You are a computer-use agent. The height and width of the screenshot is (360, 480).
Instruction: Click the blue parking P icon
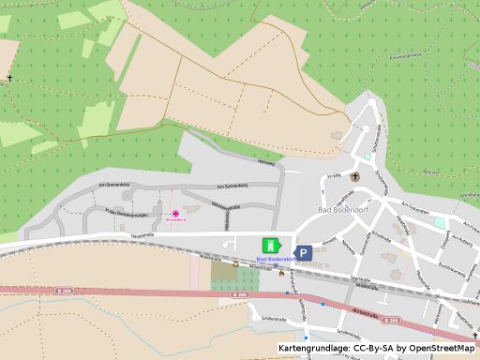305,252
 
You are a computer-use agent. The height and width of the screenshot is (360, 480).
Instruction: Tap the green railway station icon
269,246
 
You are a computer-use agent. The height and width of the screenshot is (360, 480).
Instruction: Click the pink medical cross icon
175,212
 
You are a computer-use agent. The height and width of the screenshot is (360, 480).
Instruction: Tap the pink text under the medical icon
175,220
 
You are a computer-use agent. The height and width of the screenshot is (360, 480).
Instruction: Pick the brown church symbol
354,176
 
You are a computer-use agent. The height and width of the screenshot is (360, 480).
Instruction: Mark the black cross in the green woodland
10,78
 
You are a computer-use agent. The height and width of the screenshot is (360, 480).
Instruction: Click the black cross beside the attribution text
473,336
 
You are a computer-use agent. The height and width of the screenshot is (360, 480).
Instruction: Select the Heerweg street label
266,164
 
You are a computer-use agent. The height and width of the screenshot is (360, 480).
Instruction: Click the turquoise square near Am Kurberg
439,222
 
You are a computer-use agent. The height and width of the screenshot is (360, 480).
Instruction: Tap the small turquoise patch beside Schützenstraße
362,154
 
